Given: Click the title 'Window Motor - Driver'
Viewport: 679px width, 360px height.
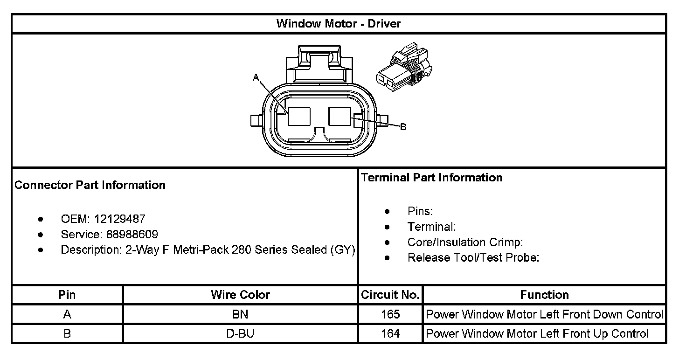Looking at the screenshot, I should [x=339, y=24].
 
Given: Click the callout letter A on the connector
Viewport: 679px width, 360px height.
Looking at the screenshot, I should [x=256, y=77].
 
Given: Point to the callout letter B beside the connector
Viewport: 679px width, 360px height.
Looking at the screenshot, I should [x=403, y=127].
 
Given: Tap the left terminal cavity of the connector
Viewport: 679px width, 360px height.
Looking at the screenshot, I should [x=298, y=116].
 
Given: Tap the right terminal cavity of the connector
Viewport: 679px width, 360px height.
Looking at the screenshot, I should [x=340, y=116].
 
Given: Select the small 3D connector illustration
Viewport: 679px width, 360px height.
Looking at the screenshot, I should [x=406, y=68].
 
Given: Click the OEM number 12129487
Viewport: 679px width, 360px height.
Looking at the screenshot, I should [x=120, y=219].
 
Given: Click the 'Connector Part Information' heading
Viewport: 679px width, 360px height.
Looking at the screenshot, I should [x=90, y=185].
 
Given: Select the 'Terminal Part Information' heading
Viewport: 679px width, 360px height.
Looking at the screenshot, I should [x=432, y=178].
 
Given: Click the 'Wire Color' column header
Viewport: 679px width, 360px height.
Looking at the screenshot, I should [x=240, y=295].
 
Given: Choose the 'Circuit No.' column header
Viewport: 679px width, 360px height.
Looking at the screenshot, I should [x=390, y=295].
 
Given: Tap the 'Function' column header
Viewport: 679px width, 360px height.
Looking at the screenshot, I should [x=544, y=295].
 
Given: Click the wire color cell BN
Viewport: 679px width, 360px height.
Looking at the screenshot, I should [x=240, y=314].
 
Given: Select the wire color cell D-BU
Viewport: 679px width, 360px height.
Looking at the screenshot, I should [x=240, y=333].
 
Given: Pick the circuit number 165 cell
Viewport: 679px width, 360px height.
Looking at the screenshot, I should [x=390, y=314].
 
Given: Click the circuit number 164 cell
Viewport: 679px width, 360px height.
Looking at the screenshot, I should [x=390, y=333].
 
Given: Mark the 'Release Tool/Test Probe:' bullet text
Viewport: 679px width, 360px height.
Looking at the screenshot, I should [x=473, y=257].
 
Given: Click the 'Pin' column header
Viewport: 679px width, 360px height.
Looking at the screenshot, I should [x=67, y=295].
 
